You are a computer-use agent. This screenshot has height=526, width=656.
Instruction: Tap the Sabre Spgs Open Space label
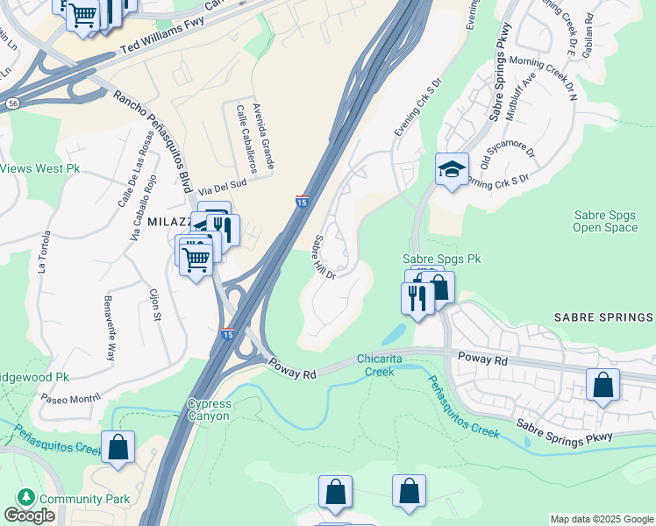pos(605,221)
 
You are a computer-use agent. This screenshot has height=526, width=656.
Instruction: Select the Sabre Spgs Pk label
pos(442,259)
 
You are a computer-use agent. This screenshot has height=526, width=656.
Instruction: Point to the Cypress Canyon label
pos(209,409)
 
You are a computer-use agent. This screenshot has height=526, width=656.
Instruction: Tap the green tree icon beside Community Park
pos(26,498)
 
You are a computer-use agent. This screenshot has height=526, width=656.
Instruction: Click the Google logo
pos(29,515)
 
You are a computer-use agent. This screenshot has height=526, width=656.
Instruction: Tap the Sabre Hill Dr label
pos(324,258)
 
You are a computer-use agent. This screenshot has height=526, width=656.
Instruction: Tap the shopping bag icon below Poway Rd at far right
pos(603,385)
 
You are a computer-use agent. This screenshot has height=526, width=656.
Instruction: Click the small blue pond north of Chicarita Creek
pos(394,335)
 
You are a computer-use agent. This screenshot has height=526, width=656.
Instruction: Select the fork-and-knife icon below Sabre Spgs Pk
pos(417,297)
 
